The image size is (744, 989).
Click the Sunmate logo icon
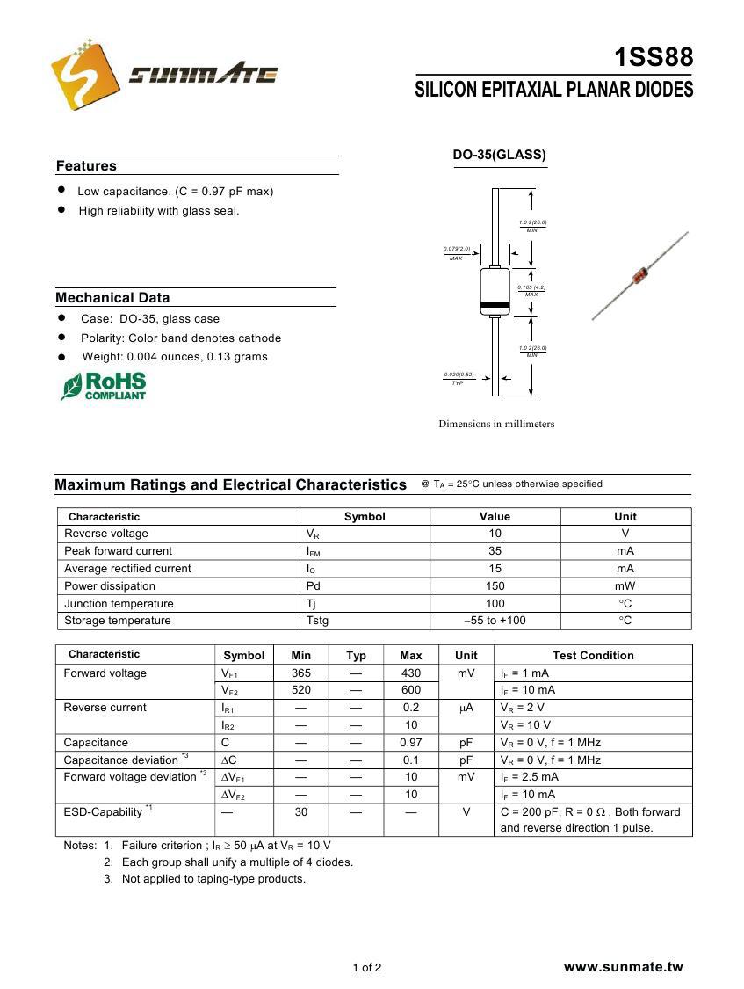(x=84, y=75)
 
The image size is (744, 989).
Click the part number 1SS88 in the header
(x=653, y=58)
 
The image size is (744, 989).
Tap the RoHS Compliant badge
(x=104, y=386)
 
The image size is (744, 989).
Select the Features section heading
(x=86, y=166)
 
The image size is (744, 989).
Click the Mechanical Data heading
(x=112, y=298)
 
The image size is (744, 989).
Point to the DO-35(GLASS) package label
(x=499, y=156)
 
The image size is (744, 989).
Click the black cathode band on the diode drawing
(x=495, y=306)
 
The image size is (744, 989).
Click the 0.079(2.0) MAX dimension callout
(x=456, y=253)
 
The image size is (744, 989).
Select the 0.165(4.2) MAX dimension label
(x=531, y=290)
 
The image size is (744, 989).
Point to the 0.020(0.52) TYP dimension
(x=458, y=378)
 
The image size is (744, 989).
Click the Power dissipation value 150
(x=495, y=586)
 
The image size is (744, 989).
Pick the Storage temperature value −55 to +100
(x=495, y=621)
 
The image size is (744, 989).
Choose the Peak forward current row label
(x=118, y=551)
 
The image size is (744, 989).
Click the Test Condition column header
(x=592, y=655)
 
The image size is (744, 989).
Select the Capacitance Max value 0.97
(x=410, y=743)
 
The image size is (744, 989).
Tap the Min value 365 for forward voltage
(x=300, y=673)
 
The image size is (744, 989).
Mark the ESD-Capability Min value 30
(x=300, y=812)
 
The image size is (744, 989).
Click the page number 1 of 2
(x=367, y=969)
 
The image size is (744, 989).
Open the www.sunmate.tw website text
(x=623, y=967)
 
